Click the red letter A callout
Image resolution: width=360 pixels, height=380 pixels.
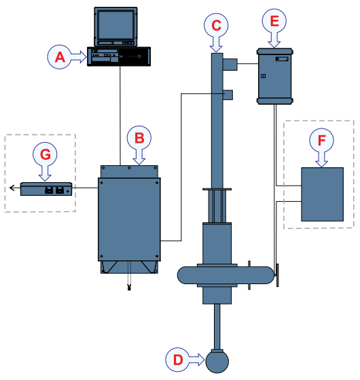[x=60, y=57]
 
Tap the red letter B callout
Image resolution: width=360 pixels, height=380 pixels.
[x=139, y=137]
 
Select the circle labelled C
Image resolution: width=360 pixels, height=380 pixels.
[x=216, y=25]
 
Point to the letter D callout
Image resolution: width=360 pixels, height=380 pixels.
[x=178, y=360]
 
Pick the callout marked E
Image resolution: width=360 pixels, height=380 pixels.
[x=274, y=21]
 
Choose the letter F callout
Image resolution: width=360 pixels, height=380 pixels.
[x=321, y=140]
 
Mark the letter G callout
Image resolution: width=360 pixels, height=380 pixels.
[x=45, y=154]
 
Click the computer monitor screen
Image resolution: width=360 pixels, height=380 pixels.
[x=115, y=24]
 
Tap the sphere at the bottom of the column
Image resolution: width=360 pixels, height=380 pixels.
[x=217, y=362]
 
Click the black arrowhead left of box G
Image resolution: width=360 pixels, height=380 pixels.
[x=12, y=188]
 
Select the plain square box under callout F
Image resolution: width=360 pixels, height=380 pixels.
[x=322, y=194]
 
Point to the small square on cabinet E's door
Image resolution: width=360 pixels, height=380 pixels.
[x=263, y=76]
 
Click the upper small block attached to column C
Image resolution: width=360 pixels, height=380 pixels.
[x=230, y=64]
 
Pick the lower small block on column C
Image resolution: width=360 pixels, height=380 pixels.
[x=228, y=94]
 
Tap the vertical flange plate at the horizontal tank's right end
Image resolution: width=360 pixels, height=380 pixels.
[x=277, y=275]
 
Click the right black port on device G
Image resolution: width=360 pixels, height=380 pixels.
[x=59, y=190]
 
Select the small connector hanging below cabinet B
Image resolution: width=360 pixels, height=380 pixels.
[x=129, y=288]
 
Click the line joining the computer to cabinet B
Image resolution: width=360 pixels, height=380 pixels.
[x=120, y=116]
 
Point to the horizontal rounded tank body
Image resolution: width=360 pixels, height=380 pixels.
[x=226, y=275]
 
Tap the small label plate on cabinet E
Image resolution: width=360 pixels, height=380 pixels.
[x=282, y=59]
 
